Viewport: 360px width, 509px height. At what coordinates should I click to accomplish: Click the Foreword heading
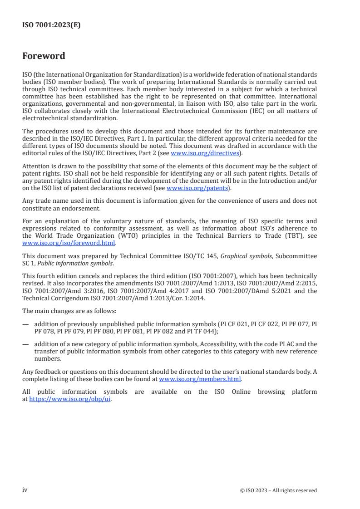tap(44, 56)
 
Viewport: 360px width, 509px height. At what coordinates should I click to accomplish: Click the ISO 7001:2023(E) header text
tap(51, 25)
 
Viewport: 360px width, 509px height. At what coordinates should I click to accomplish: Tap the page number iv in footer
tap(25, 490)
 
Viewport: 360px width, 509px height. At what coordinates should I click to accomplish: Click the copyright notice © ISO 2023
tap(278, 490)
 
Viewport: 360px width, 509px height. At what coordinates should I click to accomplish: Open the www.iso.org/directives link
tap(205, 153)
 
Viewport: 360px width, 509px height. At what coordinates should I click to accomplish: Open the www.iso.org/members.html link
tap(200, 379)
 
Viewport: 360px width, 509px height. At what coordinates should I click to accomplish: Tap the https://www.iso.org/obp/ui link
tap(70, 400)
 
